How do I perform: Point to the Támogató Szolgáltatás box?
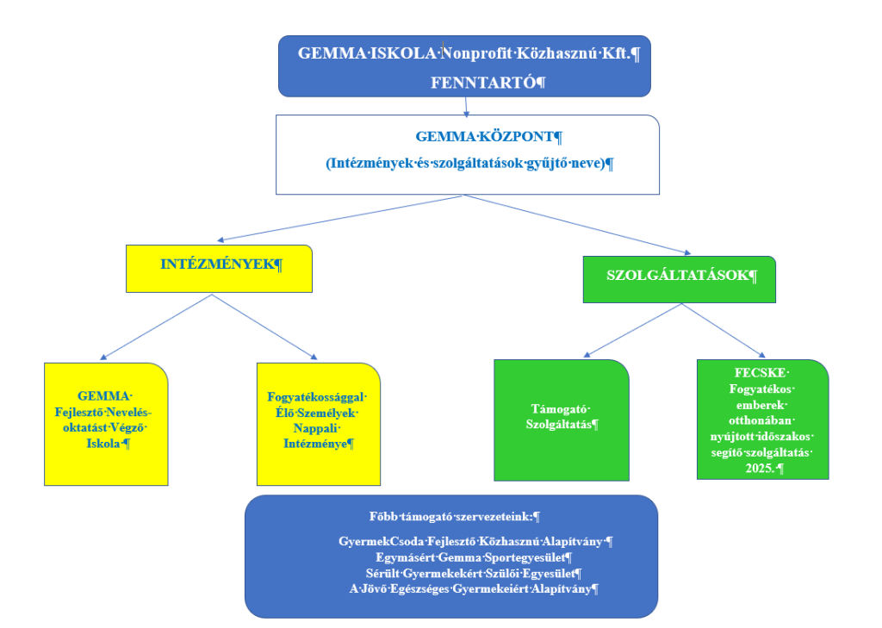coord(561,419)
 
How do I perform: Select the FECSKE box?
coord(762,419)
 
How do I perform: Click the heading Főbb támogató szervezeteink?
coord(451,517)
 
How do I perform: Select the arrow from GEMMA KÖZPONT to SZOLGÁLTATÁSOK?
coord(577,224)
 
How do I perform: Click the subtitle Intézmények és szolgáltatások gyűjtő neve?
coord(469,164)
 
